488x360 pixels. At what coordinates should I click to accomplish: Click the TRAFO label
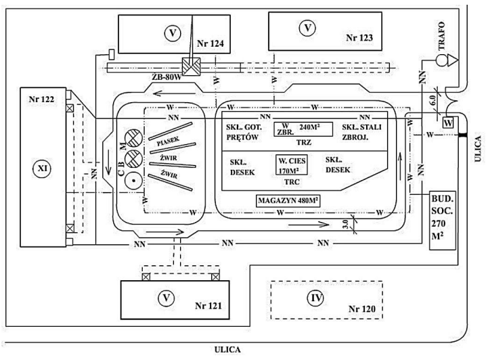(x=441, y=36)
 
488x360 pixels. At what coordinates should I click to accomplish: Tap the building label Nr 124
(x=210, y=43)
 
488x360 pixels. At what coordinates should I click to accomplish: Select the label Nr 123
(x=359, y=38)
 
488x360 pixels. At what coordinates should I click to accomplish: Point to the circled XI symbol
(x=43, y=168)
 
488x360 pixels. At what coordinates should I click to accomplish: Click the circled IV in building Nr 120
(x=316, y=298)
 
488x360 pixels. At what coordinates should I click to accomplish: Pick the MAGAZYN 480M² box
(x=288, y=201)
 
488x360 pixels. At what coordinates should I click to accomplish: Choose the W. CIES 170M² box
(x=292, y=164)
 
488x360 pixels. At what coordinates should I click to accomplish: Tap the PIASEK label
(x=168, y=141)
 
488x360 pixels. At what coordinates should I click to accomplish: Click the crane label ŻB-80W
(x=167, y=77)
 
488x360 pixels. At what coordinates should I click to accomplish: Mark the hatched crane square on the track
(x=191, y=66)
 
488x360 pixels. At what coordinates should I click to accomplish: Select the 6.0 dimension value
(x=432, y=100)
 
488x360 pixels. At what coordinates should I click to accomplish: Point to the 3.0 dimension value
(x=345, y=223)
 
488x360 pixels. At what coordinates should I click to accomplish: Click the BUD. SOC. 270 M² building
(x=442, y=220)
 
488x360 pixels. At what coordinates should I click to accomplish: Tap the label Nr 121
(x=208, y=306)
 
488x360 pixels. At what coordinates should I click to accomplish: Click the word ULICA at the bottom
(x=227, y=350)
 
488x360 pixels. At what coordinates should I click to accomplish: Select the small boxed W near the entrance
(x=448, y=122)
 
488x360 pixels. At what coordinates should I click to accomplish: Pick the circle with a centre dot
(x=133, y=181)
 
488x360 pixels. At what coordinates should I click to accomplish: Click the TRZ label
(x=304, y=143)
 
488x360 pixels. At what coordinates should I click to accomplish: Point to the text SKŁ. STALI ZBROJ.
(x=361, y=132)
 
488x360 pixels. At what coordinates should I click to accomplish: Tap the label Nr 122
(x=41, y=99)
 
